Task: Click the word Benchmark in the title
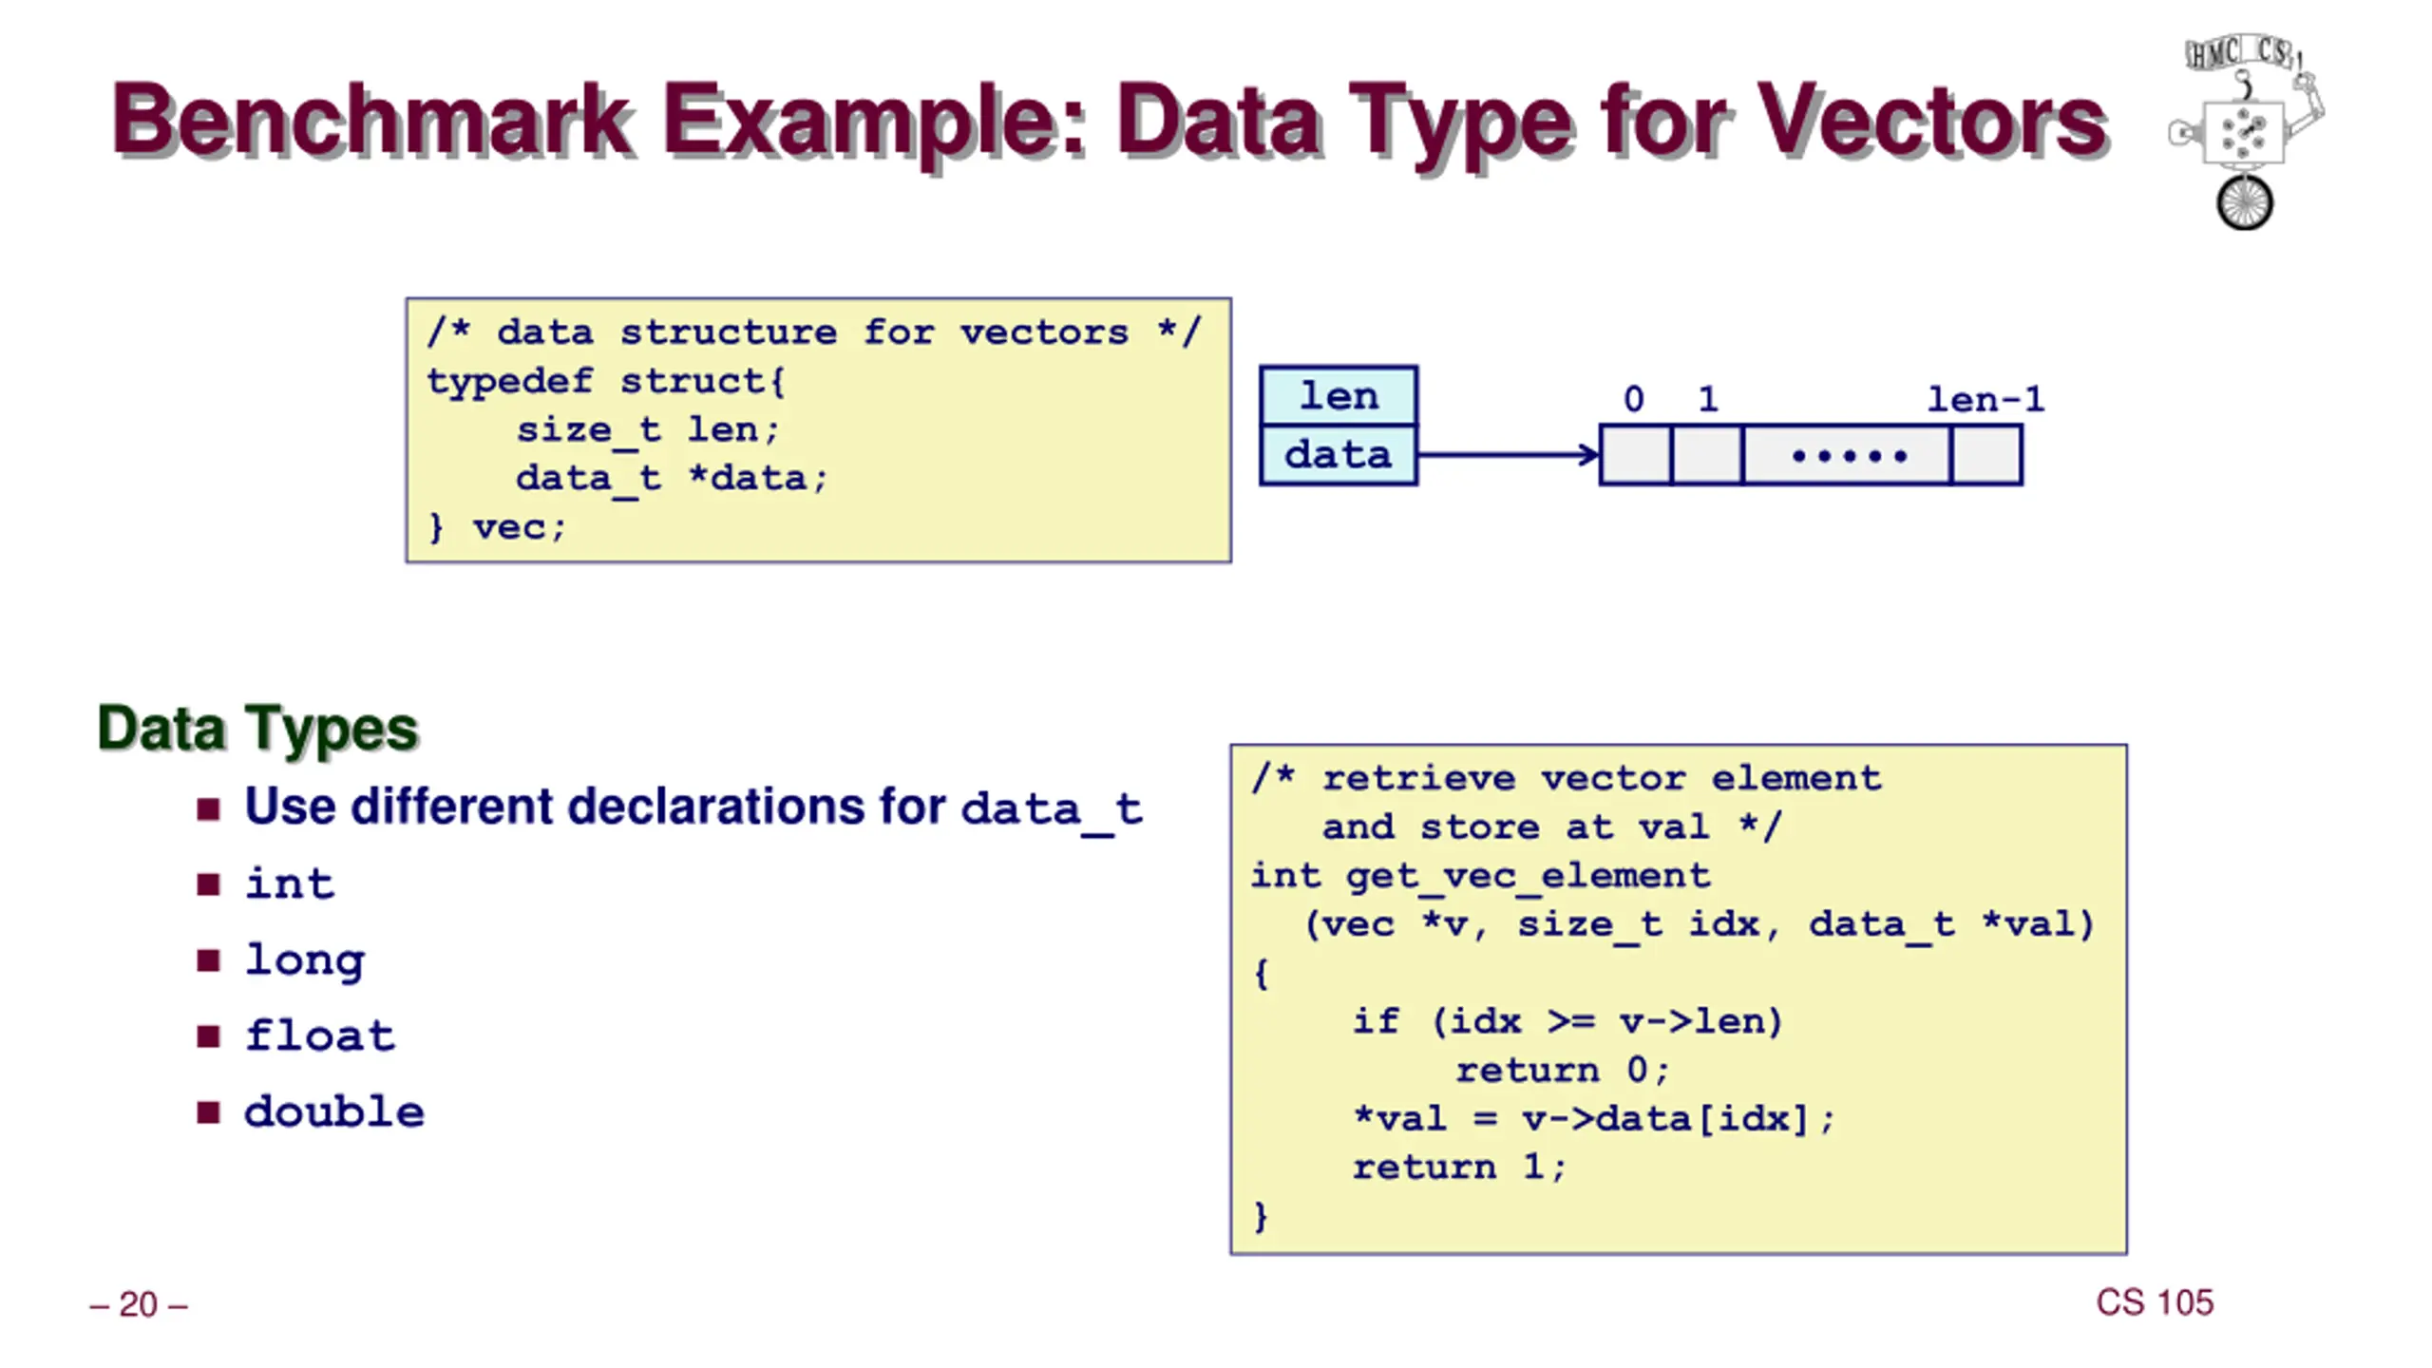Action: click(x=372, y=121)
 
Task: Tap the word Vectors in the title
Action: click(x=1931, y=121)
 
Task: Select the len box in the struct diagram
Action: click(x=1339, y=395)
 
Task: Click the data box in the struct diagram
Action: click(x=1339, y=455)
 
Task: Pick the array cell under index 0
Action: click(x=1636, y=455)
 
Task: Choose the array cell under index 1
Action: click(x=1707, y=455)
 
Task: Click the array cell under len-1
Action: click(x=1986, y=455)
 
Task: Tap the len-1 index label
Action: click(x=1985, y=399)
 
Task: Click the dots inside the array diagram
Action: click(x=1849, y=456)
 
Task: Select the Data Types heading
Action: click(x=257, y=729)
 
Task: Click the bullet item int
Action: click(x=290, y=883)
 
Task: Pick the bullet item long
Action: click(x=304, y=960)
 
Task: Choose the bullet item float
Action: click(x=320, y=1035)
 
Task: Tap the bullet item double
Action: click(x=334, y=1111)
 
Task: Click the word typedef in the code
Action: click(x=510, y=382)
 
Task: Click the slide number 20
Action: click(x=139, y=1304)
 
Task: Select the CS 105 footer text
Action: click(x=2155, y=1302)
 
